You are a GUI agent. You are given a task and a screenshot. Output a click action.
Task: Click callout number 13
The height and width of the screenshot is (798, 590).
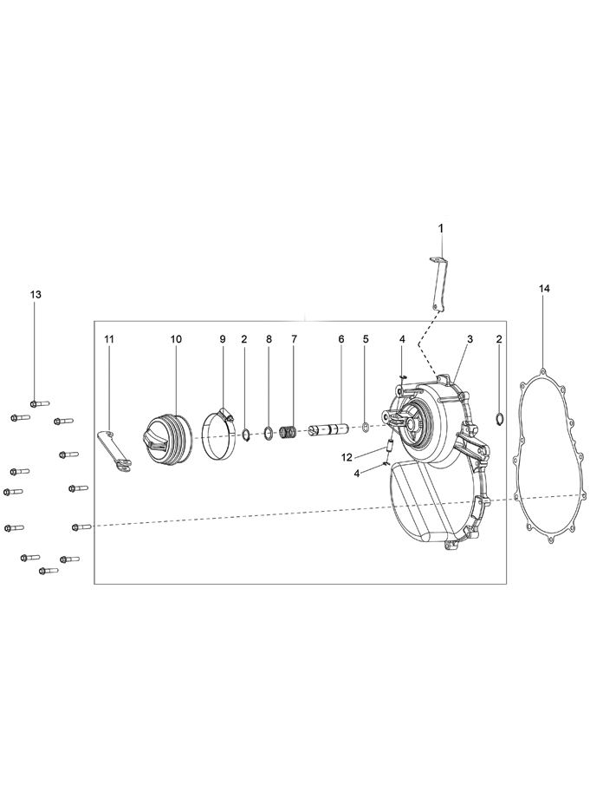(x=36, y=295)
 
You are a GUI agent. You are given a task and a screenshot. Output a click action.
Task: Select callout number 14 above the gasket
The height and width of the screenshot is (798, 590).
(x=544, y=289)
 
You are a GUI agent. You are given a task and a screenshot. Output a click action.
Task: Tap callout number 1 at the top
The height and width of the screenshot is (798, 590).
(x=441, y=228)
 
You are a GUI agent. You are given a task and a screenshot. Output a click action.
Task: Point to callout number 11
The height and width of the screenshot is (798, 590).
(x=110, y=339)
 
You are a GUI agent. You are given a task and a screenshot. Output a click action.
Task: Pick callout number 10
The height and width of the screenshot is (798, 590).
(x=176, y=339)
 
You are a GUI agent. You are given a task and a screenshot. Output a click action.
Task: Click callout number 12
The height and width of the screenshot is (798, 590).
(x=347, y=458)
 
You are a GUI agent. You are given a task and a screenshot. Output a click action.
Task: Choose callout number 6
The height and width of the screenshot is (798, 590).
(x=341, y=339)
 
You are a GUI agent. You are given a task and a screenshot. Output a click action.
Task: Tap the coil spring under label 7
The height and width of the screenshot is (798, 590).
(x=289, y=434)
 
